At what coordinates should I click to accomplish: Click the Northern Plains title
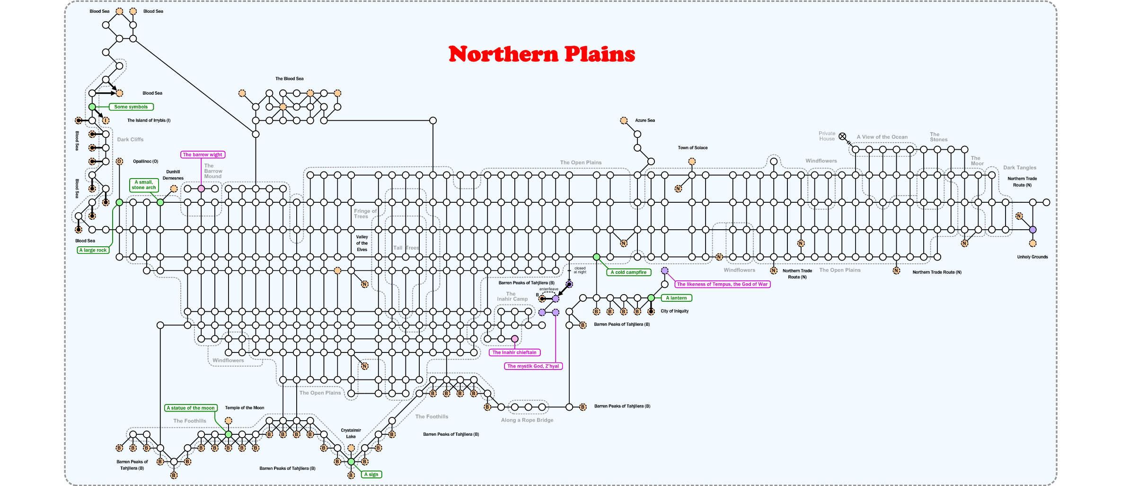[x=542, y=54]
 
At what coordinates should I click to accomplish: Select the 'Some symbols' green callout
[x=131, y=107]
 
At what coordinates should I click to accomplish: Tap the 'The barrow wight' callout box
[x=203, y=155]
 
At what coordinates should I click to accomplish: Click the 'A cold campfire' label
[x=628, y=272]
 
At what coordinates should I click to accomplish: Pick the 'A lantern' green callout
[x=676, y=298]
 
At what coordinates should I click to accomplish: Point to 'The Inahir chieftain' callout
[x=514, y=352]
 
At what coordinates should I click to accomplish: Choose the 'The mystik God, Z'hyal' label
[x=533, y=366]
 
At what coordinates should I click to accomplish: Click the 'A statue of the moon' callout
[x=191, y=408]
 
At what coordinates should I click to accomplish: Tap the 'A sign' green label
[x=371, y=474]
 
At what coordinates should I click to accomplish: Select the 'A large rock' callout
[x=93, y=250]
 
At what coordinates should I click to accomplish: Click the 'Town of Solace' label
[x=693, y=148]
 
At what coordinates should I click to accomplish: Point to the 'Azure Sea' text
[x=645, y=120]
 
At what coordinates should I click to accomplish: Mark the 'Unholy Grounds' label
[x=1033, y=257]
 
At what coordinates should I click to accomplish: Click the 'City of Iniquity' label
[x=675, y=311]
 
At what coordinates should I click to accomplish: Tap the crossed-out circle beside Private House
[x=842, y=136]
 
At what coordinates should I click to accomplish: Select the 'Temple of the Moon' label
[x=245, y=408]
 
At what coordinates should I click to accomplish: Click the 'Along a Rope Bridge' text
[x=527, y=420]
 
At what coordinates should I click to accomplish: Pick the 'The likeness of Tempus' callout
[x=722, y=284]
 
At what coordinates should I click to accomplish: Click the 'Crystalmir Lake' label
[x=351, y=433]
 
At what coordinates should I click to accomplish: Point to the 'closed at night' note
[x=580, y=270]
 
